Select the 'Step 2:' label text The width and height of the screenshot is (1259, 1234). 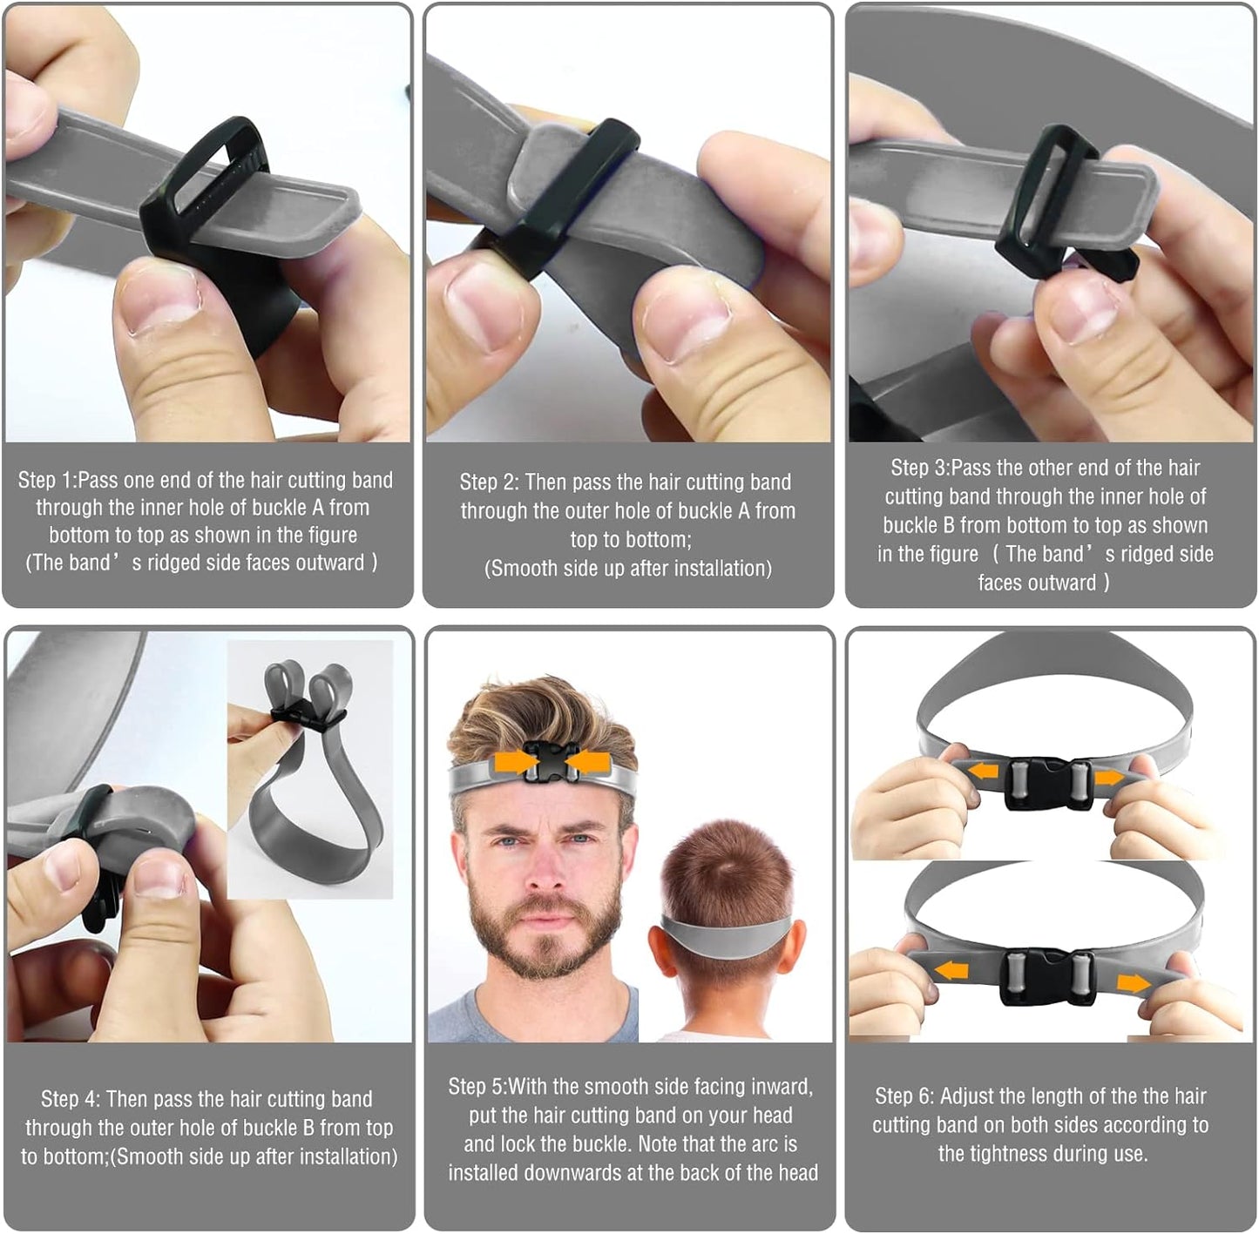[x=489, y=482]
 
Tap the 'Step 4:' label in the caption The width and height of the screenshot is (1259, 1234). [x=71, y=1099]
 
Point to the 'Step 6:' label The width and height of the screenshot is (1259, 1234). [x=904, y=1096]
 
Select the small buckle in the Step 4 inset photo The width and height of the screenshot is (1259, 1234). [x=308, y=716]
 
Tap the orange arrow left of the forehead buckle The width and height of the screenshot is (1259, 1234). [x=513, y=762]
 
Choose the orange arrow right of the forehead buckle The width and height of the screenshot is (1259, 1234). [x=585, y=762]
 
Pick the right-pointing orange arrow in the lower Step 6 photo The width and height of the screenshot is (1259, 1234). [x=1133, y=983]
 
